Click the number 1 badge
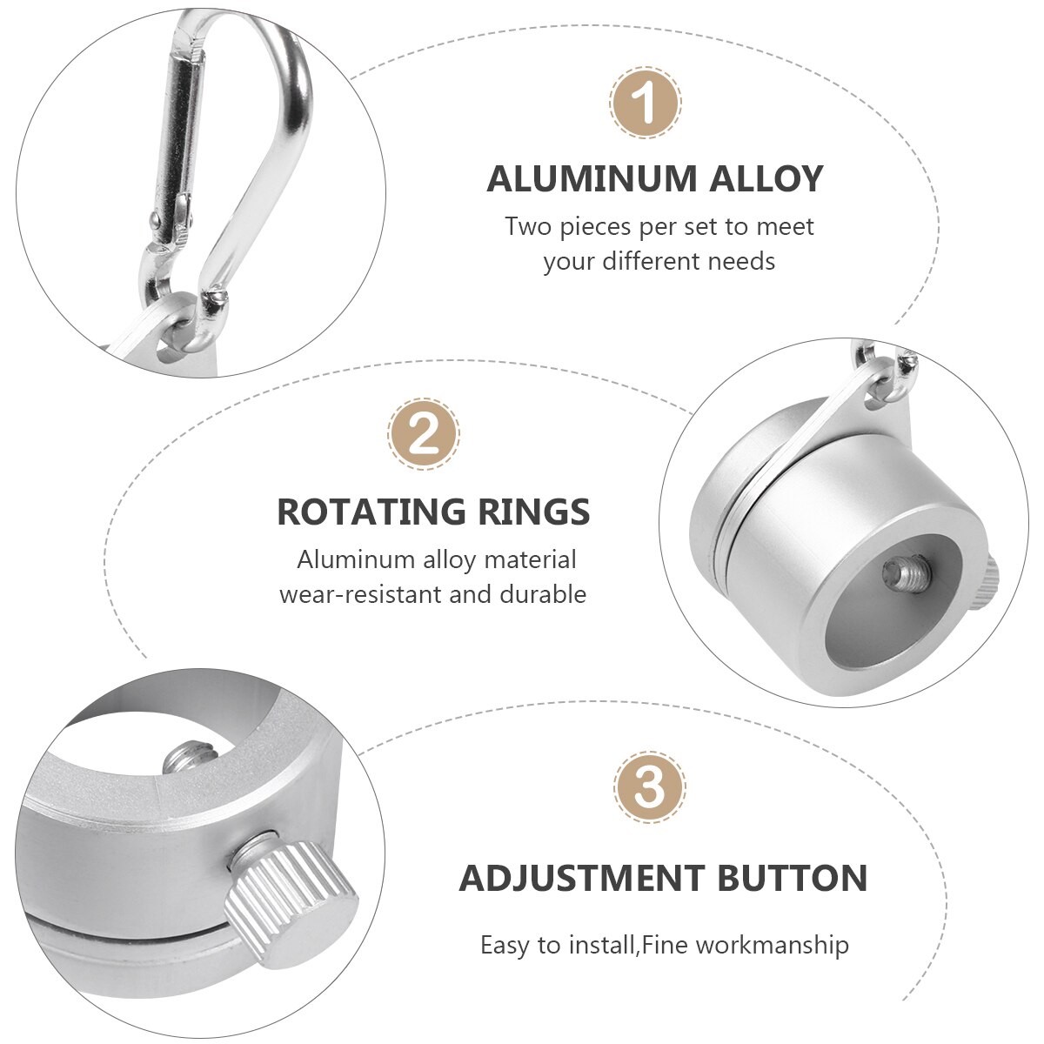click(x=645, y=104)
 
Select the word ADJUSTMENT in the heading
click(x=582, y=879)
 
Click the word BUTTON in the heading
click(x=792, y=879)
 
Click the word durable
click(x=543, y=595)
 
